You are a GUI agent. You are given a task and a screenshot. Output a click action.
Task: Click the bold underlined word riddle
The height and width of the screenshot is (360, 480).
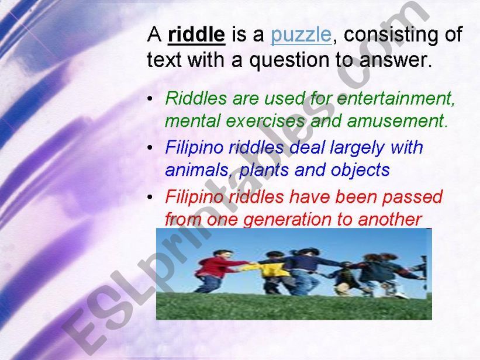point(196,35)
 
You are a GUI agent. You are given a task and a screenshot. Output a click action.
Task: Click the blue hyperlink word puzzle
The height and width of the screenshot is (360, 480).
point(301,35)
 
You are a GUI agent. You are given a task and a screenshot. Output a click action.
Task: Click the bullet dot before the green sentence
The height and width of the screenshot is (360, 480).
point(152,99)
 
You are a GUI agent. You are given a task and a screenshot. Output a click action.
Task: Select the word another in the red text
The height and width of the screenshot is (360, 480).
point(390,220)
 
